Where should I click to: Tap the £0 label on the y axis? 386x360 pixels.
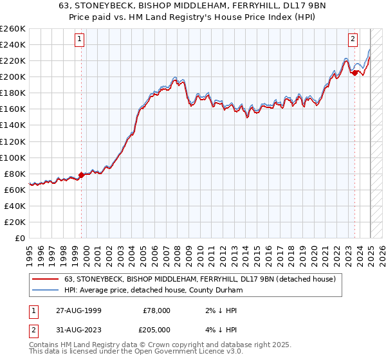pos(20,238)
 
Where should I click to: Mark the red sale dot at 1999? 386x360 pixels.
pos(81,175)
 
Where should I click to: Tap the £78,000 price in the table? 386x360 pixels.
pos(156,310)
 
